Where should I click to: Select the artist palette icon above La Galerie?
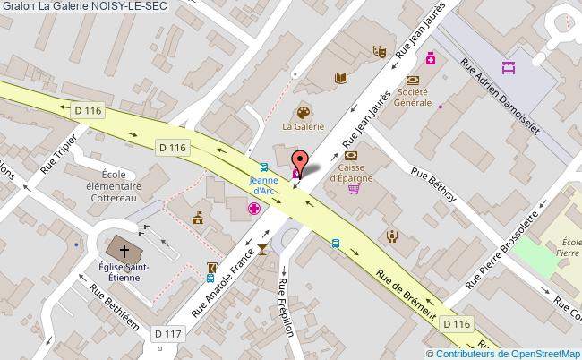(x=302, y=113)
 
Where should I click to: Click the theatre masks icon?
(x=380, y=53)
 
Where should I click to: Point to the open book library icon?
(x=340, y=79)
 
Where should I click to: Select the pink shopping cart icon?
(x=354, y=189)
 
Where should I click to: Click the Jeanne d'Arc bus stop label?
(x=263, y=184)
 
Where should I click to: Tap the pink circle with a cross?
(x=254, y=209)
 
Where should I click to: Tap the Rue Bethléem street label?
(x=115, y=309)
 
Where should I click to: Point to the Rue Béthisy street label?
(x=433, y=186)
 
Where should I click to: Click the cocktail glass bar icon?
(x=262, y=248)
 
